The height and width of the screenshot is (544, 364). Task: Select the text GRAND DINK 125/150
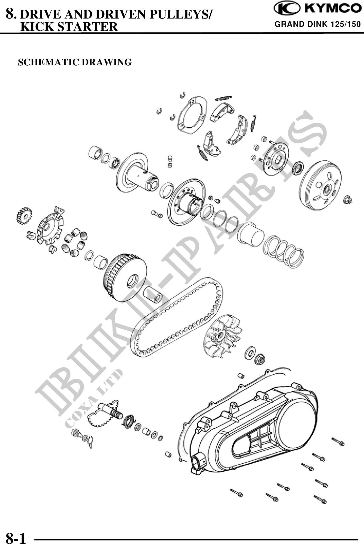pos(318,24)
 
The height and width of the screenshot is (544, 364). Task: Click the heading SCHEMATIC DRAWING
pos(74,62)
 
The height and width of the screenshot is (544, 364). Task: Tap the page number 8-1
pos(16,537)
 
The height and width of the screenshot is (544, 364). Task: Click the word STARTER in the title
pos(87,27)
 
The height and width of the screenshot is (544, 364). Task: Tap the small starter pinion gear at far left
pos(24,215)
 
